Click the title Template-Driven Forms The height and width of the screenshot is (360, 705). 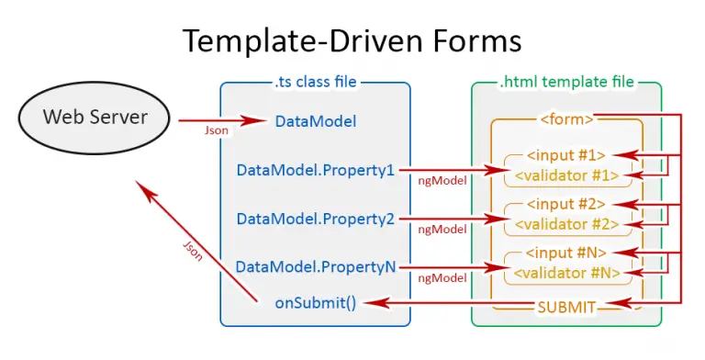[352, 40]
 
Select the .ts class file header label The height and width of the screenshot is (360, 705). [315, 82]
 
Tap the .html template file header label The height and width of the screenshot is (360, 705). [565, 82]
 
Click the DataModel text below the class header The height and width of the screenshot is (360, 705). [315, 120]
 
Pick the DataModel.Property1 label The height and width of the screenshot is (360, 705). [315, 170]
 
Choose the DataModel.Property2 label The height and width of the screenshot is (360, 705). [315, 219]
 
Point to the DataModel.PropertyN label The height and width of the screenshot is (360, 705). [315, 266]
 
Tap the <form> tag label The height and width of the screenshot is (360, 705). [566, 118]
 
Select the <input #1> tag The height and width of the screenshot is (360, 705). [566, 154]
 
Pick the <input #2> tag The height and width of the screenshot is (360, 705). [566, 204]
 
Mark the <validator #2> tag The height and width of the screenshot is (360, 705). [566, 223]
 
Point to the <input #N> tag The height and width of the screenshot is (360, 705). [566, 253]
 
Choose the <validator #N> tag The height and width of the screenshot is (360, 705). [566, 272]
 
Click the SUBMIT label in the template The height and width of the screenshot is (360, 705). [566, 306]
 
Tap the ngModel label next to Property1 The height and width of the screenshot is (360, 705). [442, 181]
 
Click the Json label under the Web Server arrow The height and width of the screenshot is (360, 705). [217, 131]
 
